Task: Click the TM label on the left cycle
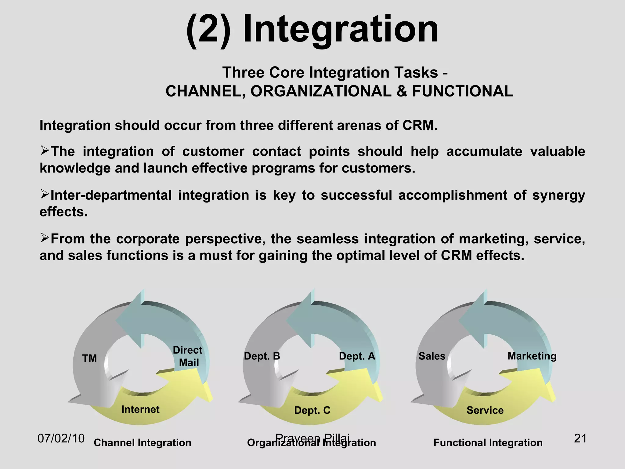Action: click(89, 358)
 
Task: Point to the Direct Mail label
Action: click(188, 356)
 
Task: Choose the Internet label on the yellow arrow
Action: click(140, 409)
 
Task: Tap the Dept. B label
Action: click(262, 356)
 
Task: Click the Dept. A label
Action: click(357, 356)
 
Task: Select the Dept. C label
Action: click(312, 410)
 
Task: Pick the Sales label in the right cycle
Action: click(432, 356)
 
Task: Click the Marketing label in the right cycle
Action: click(532, 356)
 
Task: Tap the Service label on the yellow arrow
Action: click(485, 410)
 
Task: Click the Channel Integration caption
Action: click(143, 443)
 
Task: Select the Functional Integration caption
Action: click(488, 443)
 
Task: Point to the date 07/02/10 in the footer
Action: click(61, 438)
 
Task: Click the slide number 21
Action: click(580, 438)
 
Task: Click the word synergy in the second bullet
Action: click(558, 196)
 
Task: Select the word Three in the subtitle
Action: click(241, 73)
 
